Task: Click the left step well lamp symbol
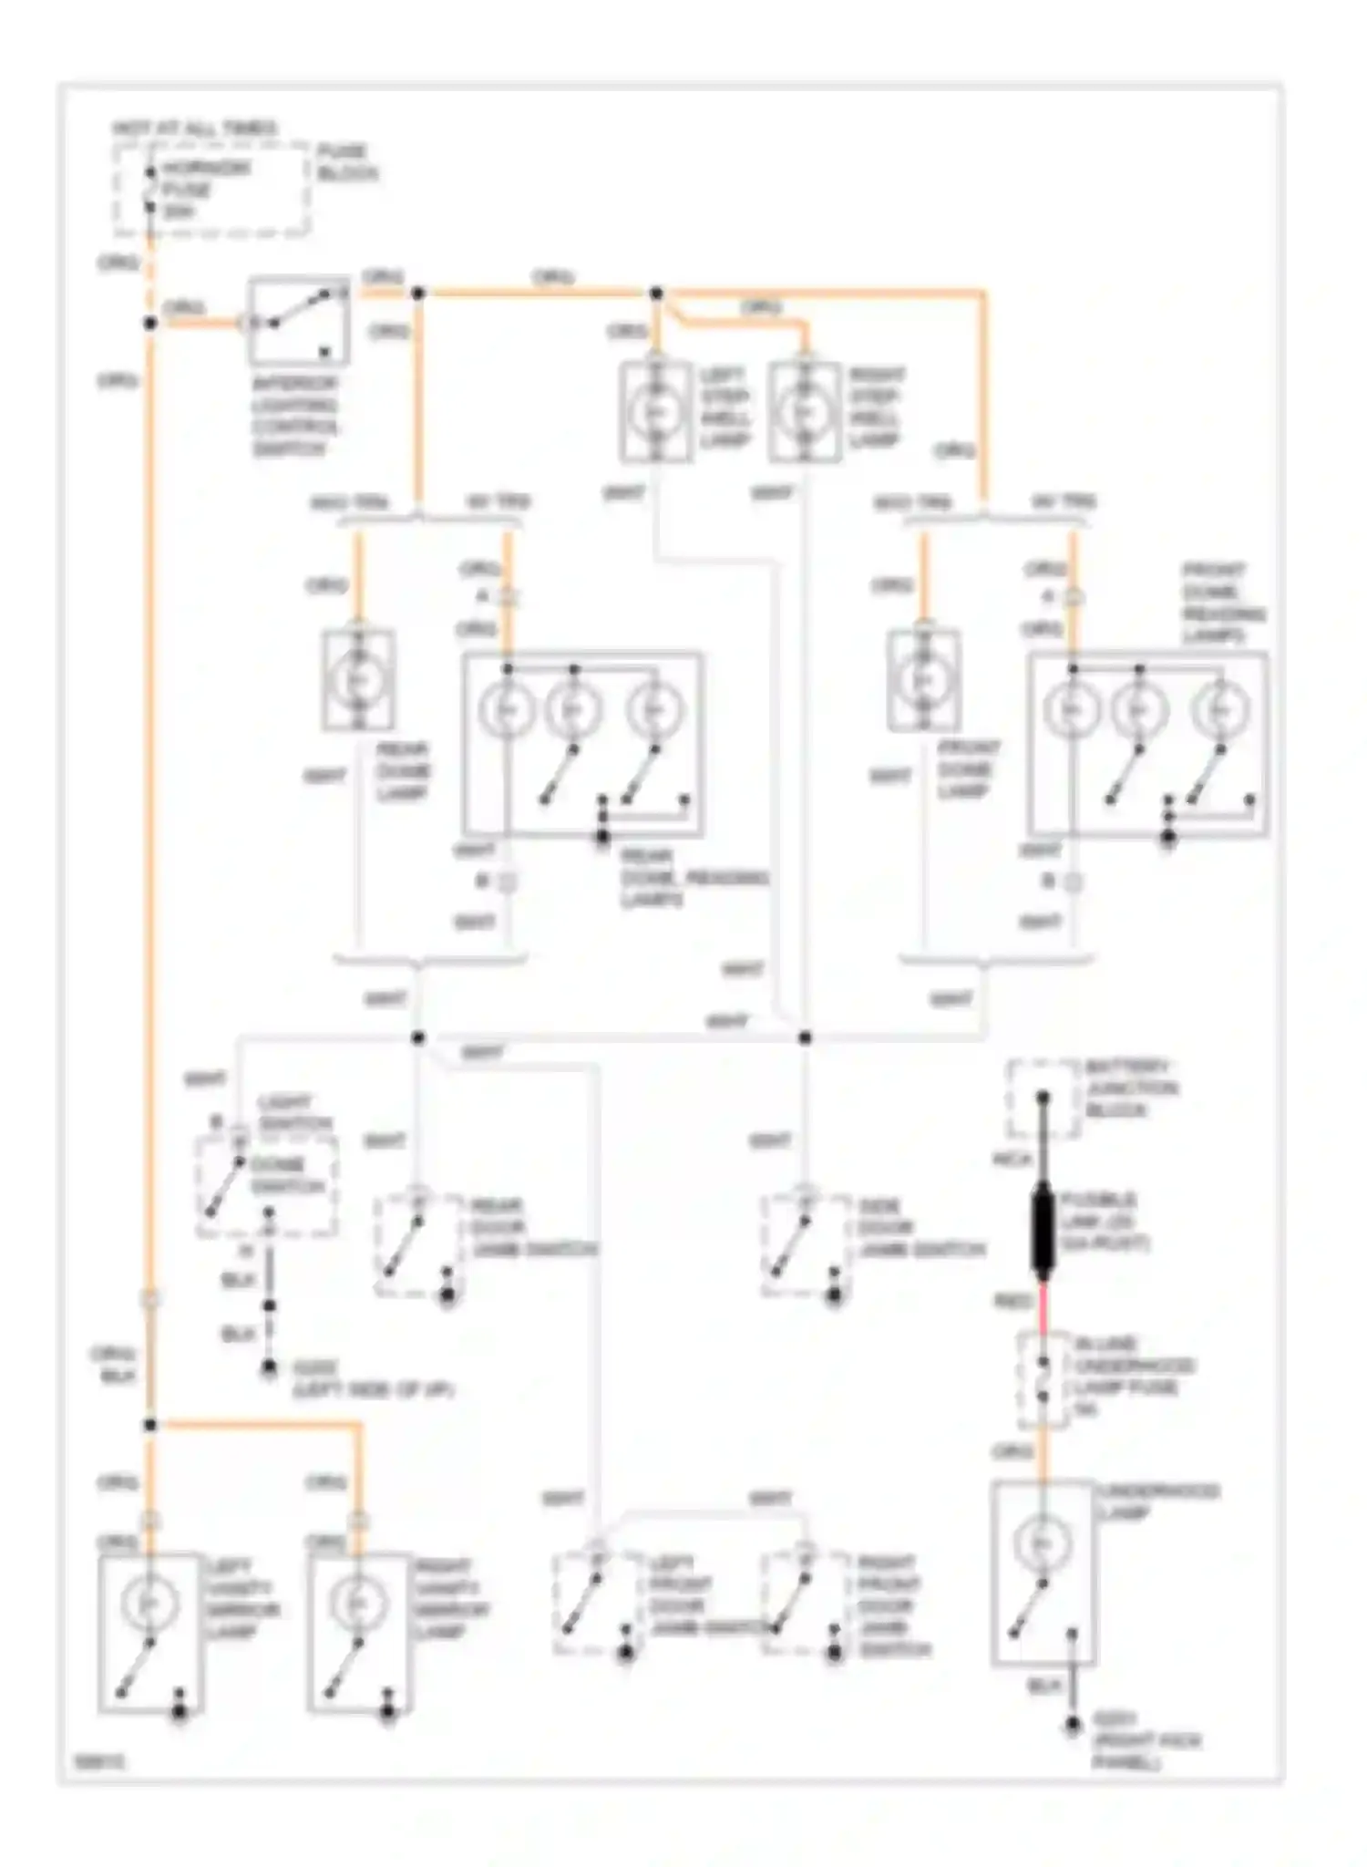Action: pyautogui.click(x=654, y=412)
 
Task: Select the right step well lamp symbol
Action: pyautogui.click(x=804, y=412)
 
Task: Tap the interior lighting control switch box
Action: pyautogui.click(x=299, y=321)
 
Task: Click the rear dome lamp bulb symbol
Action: pyautogui.click(x=358, y=680)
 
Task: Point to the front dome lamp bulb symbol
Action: pyautogui.click(x=923, y=680)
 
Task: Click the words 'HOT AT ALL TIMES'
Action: pyautogui.click(x=194, y=128)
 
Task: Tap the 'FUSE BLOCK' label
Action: pyautogui.click(x=346, y=162)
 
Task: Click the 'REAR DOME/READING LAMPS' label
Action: pyautogui.click(x=693, y=878)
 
